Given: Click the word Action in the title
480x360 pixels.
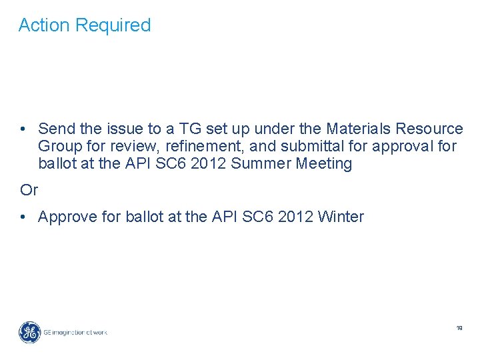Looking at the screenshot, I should (44, 25).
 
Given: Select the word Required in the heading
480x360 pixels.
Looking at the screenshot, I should (113, 25).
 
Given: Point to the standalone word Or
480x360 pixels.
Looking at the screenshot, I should (29, 190).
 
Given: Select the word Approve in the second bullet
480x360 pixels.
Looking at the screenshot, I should (68, 217).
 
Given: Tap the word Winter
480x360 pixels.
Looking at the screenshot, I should (341, 217).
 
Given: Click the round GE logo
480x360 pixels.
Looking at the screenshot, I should (29, 331).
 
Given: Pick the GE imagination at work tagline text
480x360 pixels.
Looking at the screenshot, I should (75, 332).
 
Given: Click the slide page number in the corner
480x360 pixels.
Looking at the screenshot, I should (459, 328).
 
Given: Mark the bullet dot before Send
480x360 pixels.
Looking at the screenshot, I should (23, 128).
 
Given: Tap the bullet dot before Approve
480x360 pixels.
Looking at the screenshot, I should (23, 217).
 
